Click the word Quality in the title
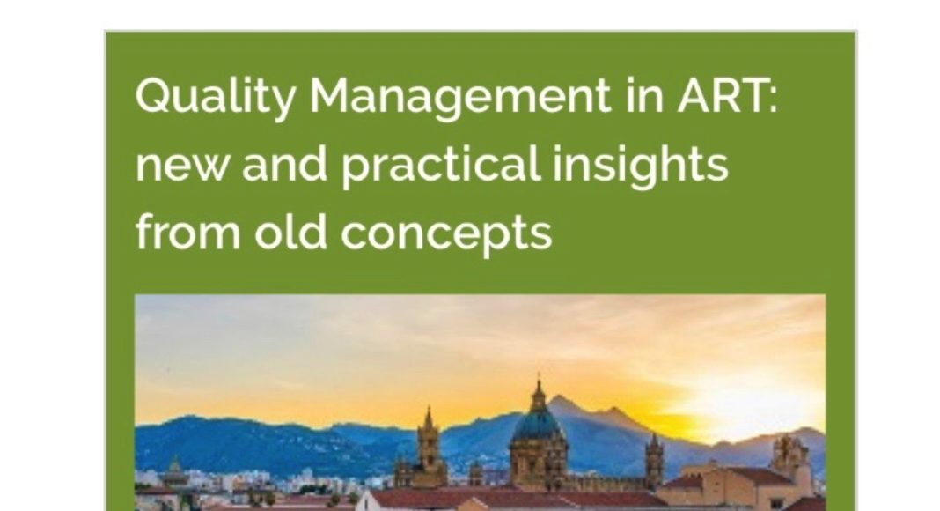coord(216,97)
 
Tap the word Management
coord(459,97)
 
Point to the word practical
coord(441,167)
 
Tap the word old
coord(290,232)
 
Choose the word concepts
coord(446,234)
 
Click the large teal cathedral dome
coord(537,425)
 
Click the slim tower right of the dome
coord(653,461)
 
